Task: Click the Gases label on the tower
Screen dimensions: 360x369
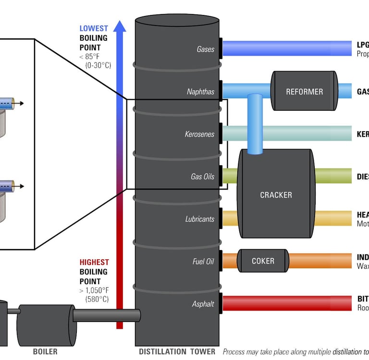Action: [x=206, y=49]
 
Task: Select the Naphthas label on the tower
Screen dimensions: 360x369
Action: [x=201, y=92]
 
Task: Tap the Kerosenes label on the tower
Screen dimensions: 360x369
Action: [x=199, y=134]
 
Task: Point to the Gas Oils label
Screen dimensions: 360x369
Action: [x=202, y=177]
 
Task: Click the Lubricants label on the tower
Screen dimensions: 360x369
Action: [x=200, y=219]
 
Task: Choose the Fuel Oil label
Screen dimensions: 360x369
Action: [x=203, y=262]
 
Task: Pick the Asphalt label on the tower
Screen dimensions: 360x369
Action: [x=203, y=304]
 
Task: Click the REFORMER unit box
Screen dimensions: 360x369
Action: [x=304, y=92]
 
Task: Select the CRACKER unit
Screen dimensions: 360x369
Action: [x=276, y=194]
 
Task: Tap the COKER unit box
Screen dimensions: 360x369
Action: [x=263, y=261]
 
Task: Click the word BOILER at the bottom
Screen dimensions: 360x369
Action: [x=45, y=351]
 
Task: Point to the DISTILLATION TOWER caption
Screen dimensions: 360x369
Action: [x=177, y=351]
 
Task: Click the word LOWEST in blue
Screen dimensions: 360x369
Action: [x=94, y=29]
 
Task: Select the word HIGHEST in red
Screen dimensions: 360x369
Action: [x=94, y=263]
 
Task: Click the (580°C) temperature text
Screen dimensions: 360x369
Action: [x=97, y=299]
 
